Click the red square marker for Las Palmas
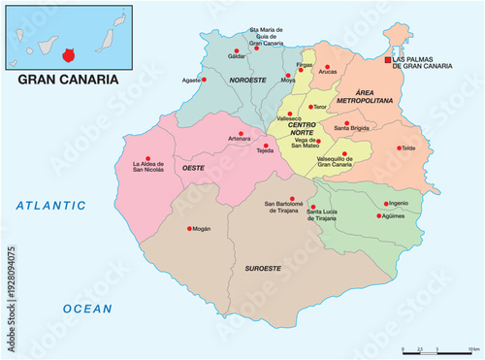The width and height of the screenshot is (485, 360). pyautogui.click(x=388, y=60)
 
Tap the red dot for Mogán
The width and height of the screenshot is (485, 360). pyautogui.click(x=189, y=229)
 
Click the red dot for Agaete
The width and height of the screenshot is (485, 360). pyautogui.click(x=205, y=81)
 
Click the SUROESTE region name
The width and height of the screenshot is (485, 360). pyautogui.click(x=264, y=268)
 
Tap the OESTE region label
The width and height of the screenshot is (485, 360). pyautogui.click(x=192, y=168)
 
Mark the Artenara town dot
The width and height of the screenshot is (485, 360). pyautogui.click(x=242, y=133)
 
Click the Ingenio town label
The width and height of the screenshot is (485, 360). pyautogui.click(x=397, y=203)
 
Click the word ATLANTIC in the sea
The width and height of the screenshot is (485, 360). pyautogui.click(x=51, y=206)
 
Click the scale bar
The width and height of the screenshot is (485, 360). pyautogui.click(x=436, y=348)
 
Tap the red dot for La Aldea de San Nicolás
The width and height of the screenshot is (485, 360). pyautogui.click(x=148, y=159)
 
